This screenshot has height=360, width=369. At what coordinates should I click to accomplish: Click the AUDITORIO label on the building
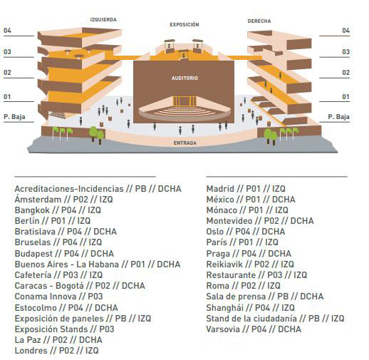tap(184, 78)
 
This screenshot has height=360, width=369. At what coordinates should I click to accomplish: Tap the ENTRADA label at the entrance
tap(185, 143)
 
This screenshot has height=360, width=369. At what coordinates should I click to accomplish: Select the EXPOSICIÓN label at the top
tap(184, 24)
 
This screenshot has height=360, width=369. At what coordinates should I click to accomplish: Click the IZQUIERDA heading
tap(103, 20)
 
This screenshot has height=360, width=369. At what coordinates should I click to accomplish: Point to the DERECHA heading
tap(259, 21)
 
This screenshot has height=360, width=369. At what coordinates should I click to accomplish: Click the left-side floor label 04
tap(7, 31)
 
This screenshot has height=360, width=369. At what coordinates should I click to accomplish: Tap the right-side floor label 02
tap(345, 73)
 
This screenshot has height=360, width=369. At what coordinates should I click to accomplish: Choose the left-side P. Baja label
tap(14, 117)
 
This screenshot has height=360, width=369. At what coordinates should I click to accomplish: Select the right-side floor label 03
tap(345, 52)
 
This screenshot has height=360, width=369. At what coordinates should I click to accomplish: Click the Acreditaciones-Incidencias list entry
tap(98, 189)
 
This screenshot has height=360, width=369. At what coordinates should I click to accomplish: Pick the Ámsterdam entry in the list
tap(63, 199)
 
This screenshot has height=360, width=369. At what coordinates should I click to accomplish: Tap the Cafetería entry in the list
tap(58, 275)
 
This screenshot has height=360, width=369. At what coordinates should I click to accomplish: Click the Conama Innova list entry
tap(58, 297)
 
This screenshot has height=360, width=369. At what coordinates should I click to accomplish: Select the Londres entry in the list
tap(56, 351)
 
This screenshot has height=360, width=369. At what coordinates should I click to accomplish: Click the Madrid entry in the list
tap(246, 189)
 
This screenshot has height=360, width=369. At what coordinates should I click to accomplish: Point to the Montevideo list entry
tap(260, 221)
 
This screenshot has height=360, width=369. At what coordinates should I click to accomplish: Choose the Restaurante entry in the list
tap(256, 275)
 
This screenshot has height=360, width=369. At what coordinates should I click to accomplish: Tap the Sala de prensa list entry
tap(265, 297)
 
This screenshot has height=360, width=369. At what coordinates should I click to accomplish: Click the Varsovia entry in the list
tap(254, 329)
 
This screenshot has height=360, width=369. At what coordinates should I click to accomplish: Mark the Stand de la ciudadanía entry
tap(275, 319)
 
